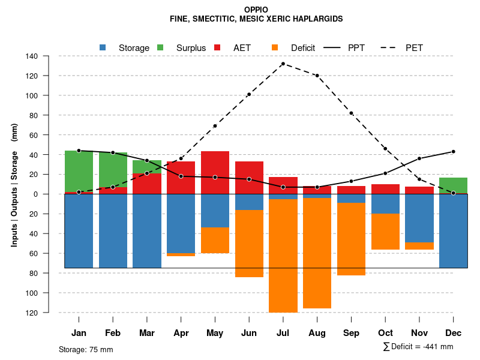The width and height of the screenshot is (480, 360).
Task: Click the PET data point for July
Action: (283, 64)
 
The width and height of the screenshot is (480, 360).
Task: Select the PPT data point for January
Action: (79, 151)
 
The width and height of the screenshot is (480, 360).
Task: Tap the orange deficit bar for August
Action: (317, 253)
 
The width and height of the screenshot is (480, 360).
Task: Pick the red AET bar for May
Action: (215, 172)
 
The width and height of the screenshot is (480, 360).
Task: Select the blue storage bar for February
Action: (113, 231)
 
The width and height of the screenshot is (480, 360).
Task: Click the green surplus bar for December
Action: (453, 185)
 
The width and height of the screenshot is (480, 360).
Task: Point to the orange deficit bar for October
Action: (385, 232)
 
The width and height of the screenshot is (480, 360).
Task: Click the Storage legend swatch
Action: (103, 47)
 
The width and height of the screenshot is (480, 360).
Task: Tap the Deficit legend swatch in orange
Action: (275, 47)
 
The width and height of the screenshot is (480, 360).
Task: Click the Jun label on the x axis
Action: (249, 333)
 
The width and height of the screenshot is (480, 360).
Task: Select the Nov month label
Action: (419, 333)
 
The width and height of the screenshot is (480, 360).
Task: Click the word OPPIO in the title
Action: (256, 10)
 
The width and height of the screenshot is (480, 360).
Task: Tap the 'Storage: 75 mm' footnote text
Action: (86, 349)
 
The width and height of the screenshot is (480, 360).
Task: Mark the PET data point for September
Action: (351, 113)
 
